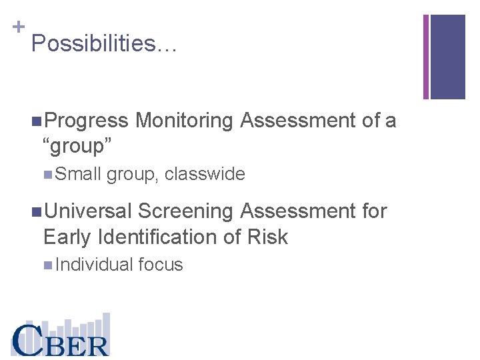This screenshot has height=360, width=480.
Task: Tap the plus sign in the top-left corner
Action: tap(19, 27)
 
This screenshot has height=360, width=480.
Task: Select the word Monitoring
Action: tap(184, 121)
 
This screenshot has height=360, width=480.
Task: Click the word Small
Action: tap(78, 175)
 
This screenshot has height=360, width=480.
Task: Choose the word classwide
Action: tap(205, 175)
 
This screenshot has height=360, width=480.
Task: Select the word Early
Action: tap(67, 237)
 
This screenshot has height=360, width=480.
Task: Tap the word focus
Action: tap(161, 265)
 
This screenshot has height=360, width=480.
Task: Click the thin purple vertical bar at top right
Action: tap(426, 57)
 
